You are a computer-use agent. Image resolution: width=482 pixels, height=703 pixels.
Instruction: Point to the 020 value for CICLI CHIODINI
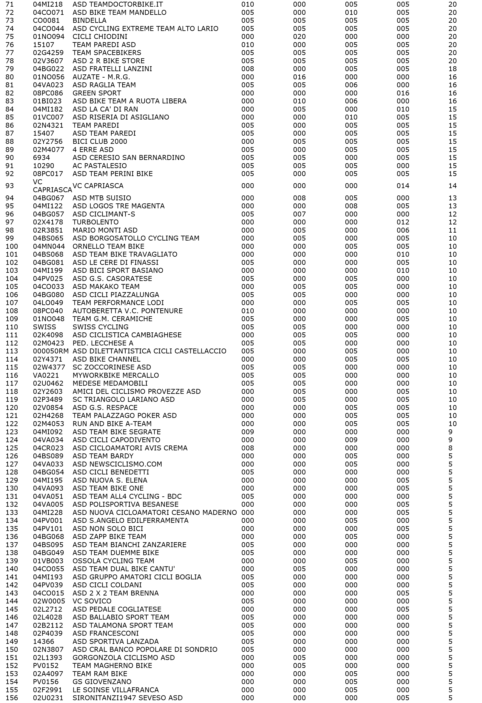point(299,37)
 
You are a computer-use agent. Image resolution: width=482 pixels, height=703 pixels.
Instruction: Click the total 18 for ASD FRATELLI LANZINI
point(452,69)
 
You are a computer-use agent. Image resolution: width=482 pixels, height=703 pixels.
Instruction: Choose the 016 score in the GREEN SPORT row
point(403,93)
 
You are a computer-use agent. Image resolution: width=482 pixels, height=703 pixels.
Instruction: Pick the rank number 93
point(10,186)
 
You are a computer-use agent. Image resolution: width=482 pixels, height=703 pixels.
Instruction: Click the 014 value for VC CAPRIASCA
point(403,186)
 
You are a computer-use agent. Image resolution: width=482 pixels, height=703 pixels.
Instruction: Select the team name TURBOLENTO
point(95,222)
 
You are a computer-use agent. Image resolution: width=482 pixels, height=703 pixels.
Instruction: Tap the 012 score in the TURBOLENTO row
point(403,222)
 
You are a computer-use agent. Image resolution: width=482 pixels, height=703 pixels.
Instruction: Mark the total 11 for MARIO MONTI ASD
point(452,230)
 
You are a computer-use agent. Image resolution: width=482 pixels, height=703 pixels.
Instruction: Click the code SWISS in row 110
point(45,327)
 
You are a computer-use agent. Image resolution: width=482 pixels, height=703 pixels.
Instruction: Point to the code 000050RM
point(51,351)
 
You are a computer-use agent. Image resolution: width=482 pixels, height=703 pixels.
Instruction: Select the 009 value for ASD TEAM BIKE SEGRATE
point(248,432)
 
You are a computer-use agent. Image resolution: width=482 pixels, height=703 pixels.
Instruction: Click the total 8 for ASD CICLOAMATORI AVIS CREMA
point(451,448)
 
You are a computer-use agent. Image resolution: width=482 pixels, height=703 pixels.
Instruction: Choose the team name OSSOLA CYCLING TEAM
point(113,561)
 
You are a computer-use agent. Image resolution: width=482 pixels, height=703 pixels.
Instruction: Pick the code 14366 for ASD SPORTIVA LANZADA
point(43,642)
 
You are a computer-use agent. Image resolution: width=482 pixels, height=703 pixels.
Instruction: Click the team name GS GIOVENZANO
point(102,682)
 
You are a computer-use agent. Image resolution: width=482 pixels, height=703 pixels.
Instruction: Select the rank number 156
point(12,698)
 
